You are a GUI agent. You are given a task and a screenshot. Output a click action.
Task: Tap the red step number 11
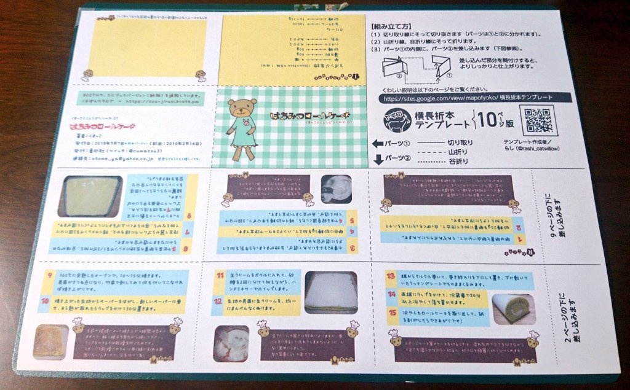pyautogui.click(x=218, y=278)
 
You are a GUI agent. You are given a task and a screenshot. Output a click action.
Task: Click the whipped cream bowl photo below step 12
pyautogui.click(x=231, y=342)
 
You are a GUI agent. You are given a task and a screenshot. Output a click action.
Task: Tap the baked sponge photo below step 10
pyautogui.click(x=50, y=340)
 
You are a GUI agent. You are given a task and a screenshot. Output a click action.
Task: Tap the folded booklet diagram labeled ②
pyautogui.click(x=394, y=67)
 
